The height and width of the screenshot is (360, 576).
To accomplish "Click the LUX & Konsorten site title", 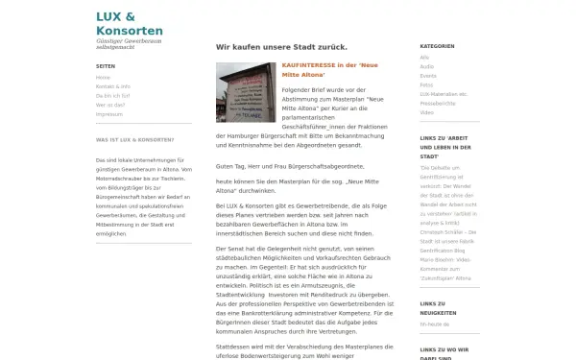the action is pyautogui.click(x=129, y=23).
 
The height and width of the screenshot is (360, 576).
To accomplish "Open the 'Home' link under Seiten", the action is pyautogui.click(x=103, y=77).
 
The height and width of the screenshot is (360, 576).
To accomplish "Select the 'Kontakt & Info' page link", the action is pyautogui.click(x=113, y=86).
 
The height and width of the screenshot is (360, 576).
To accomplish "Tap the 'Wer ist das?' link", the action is pyautogui.click(x=108, y=105).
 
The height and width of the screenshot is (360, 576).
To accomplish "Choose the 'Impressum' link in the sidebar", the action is pyautogui.click(x=109, y=113).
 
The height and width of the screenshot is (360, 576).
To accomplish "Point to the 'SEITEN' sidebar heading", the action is pyautogui.click(x=105, y=66).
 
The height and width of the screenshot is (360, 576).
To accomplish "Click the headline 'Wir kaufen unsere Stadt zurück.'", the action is pyautogui.click(x=281, y=46).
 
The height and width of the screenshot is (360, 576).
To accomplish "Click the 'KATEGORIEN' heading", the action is pyautogui.click(x=437, y=46).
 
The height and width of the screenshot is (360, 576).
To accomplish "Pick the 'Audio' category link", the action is pyautogui.click(x=426, y=66).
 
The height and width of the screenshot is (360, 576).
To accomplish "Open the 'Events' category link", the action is pyautogui.click(x=428, y=75).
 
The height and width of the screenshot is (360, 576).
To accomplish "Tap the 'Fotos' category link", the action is pyautogui.click(x=427, y=84).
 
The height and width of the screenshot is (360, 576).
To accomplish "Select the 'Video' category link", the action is pyautogui.click(x=426, y=112).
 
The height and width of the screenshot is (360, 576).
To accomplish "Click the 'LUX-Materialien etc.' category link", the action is pyautogui.click(x=444, y=94).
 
